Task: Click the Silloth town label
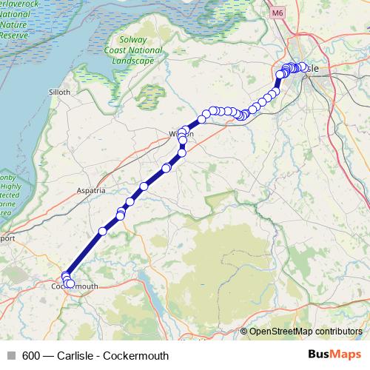point(59,92)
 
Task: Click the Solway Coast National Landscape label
point(135,51)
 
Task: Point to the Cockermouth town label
point(75,286)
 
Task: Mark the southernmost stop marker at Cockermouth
point(70,284)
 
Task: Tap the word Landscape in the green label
point(135,61)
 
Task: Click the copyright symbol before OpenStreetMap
point(244,332)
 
